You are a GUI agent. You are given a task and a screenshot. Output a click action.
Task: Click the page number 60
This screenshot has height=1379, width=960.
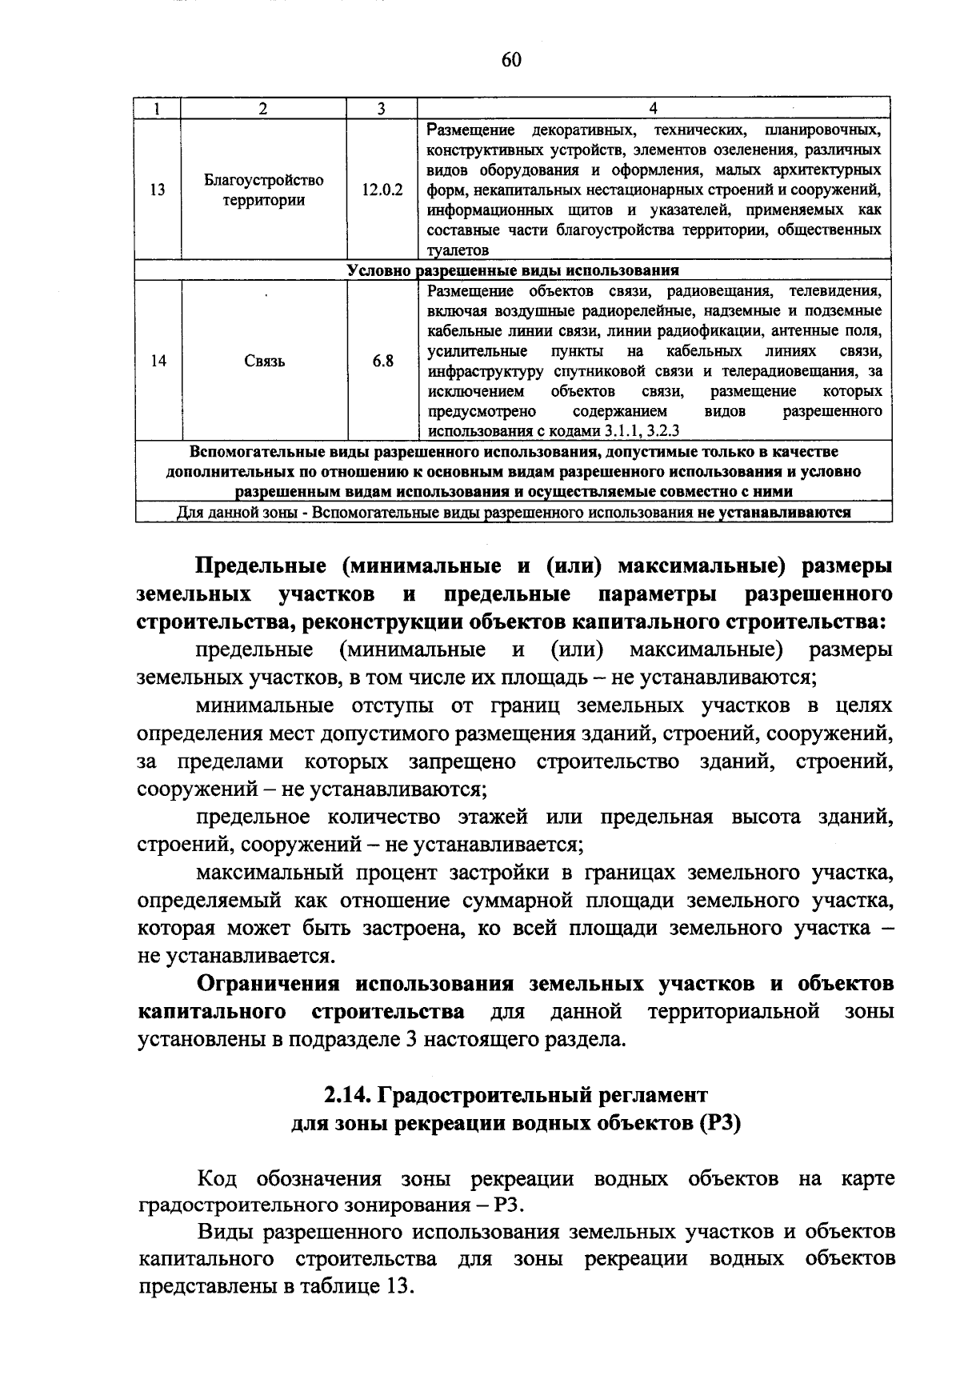tap(512, 59)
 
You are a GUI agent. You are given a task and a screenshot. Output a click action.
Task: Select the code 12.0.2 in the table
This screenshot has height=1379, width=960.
tap(382, 190)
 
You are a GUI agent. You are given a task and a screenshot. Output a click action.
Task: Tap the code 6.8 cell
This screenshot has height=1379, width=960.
tap(382, 361)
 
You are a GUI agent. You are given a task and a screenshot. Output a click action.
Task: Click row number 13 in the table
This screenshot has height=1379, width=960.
tap(158, 190)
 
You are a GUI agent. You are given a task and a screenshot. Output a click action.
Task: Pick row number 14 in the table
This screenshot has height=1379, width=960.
tap(158, 361)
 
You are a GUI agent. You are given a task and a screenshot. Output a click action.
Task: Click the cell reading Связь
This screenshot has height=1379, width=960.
tap(264, 362)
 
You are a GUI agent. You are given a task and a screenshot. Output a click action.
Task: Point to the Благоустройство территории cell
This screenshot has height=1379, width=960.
tap(264, 190)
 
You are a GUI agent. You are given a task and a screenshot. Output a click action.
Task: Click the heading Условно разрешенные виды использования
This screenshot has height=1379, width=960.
tap(513, 270)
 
